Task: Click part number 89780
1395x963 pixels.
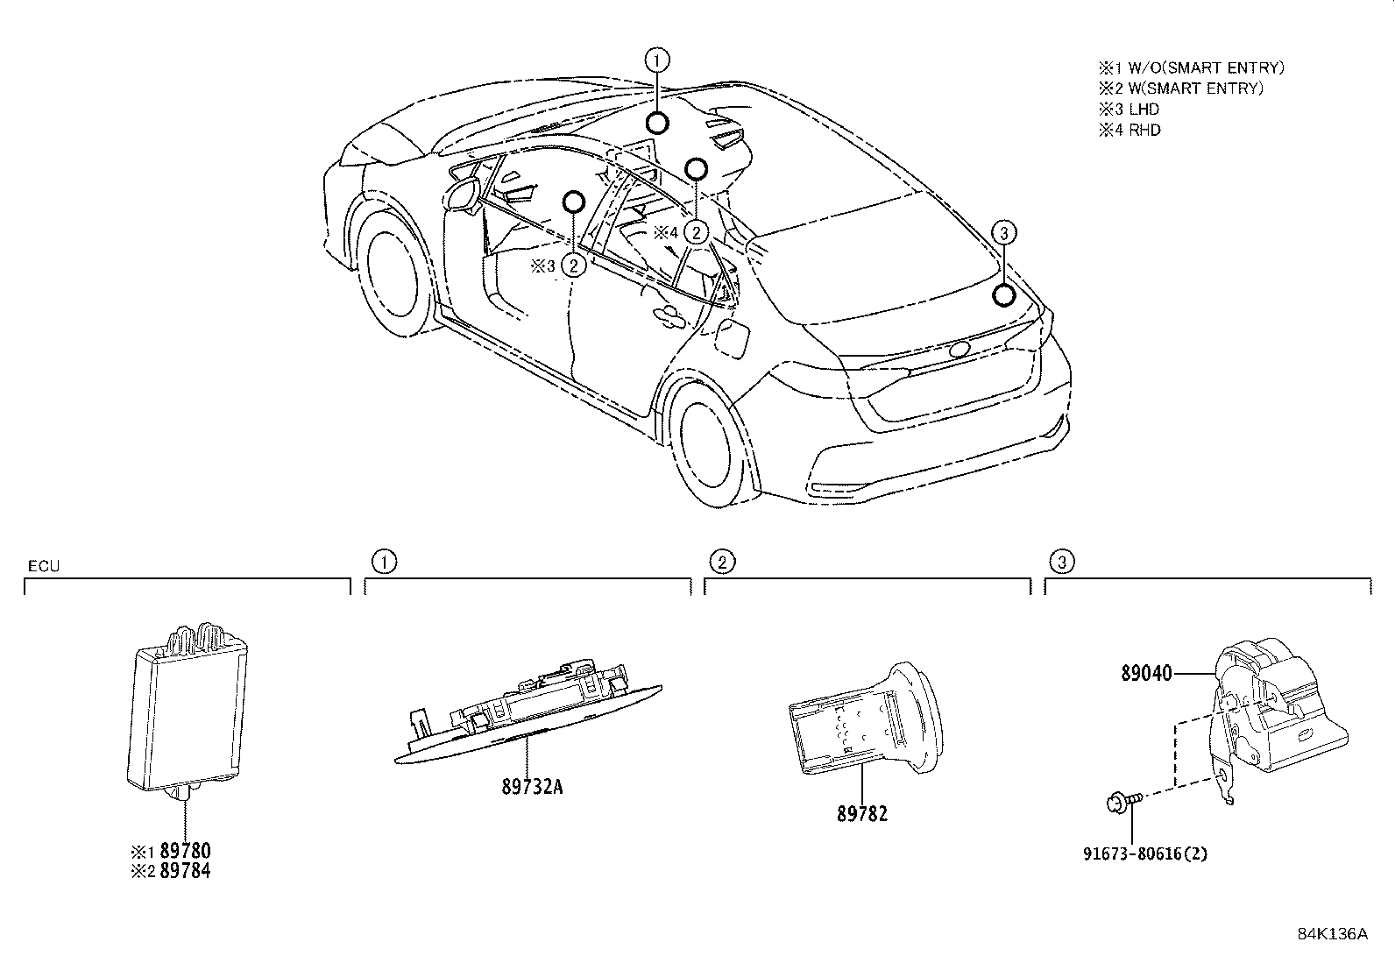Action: [x=184, y=851]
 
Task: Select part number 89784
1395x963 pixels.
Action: [x=184, y=871]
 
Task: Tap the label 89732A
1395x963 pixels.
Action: [x=532, y=787]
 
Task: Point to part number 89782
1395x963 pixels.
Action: [x=862, y=814]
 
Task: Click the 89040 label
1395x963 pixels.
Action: [x=1145, y=674]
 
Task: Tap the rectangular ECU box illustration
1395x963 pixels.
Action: [x=188, y=709]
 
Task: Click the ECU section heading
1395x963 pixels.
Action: [x=43, y=566]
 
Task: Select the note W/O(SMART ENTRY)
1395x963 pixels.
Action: [x=1202, y=67]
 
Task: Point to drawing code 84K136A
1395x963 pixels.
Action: [x=1332, y=933]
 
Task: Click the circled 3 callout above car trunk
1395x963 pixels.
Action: [x=1004, y=232]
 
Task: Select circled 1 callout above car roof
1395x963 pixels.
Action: [x=658, y=60]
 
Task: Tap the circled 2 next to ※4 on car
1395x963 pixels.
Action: [x=696, y=232]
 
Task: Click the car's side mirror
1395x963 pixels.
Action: [x=462, y=195]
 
